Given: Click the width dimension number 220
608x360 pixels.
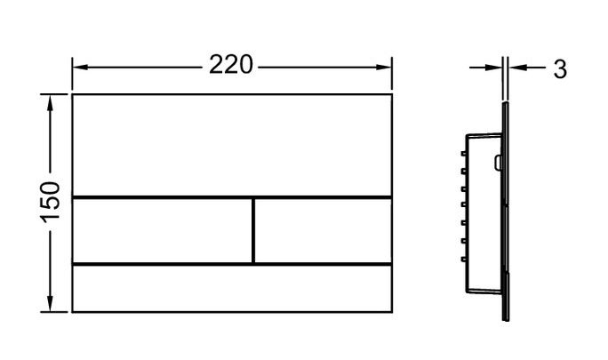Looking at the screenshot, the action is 231,64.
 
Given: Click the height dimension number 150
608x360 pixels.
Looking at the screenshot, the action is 51,203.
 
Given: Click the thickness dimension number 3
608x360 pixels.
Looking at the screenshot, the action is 560,69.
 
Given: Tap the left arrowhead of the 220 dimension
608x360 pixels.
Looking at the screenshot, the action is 80,68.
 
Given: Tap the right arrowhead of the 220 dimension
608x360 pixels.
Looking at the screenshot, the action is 384,68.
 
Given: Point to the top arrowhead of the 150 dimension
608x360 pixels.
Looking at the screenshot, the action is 50,102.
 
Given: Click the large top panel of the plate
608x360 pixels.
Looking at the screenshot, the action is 232,146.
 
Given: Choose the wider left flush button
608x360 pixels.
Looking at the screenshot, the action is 162,231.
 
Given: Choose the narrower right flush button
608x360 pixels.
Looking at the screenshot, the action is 323,231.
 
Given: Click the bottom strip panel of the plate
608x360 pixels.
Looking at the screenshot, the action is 232,288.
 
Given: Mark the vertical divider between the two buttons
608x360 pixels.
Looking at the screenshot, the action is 253,231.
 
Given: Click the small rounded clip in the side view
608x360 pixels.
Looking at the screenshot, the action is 498,163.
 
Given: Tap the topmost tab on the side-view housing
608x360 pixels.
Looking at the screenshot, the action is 463,154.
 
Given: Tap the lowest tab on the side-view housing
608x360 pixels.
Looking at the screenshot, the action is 463,259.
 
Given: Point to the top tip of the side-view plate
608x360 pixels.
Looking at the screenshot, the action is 505,103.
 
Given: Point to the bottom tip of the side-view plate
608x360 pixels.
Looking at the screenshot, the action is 506,320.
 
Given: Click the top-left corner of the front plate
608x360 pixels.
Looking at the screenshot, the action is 73,94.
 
